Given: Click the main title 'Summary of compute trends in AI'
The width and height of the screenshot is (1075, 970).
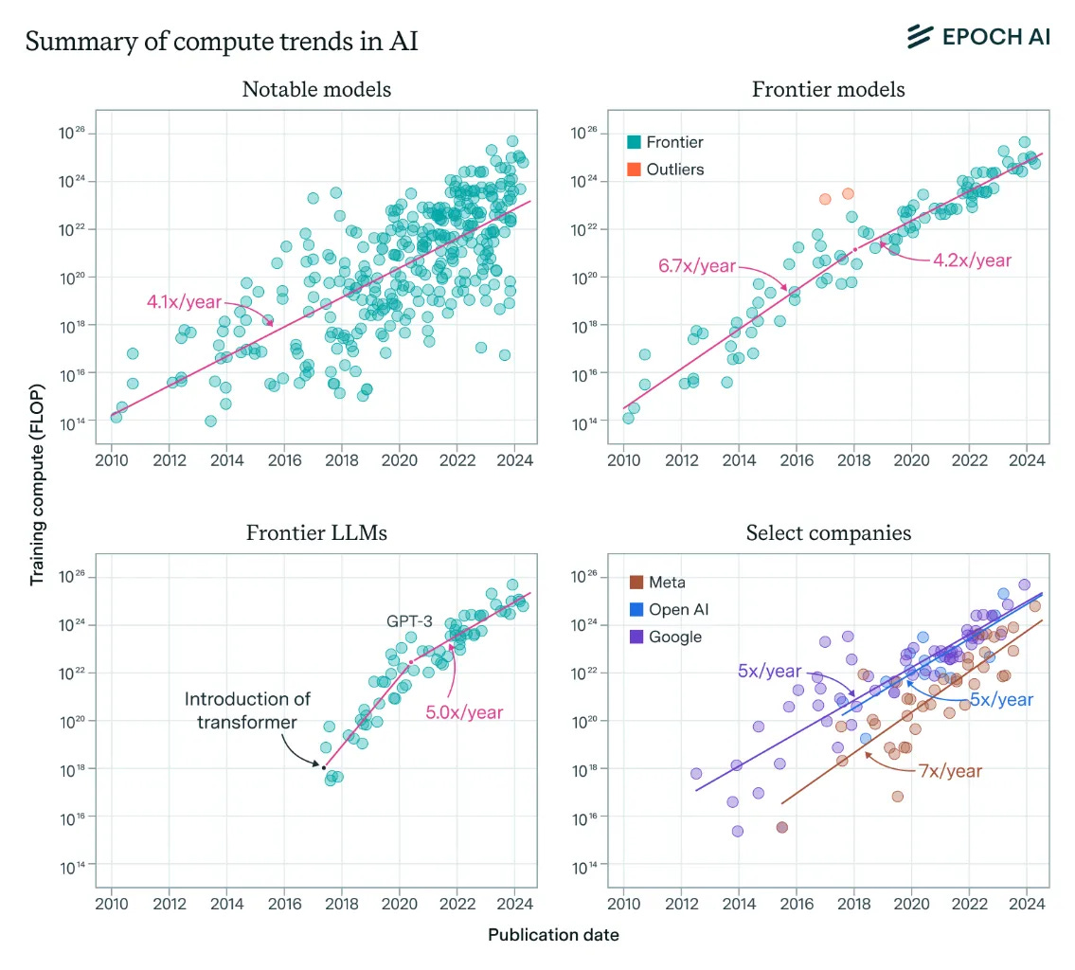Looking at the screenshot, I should click(x=222, y=42).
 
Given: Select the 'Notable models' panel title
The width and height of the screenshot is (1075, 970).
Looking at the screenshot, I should click(x=316, y=90).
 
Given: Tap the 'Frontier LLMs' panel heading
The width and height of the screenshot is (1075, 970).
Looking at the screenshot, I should click(x=316, y=533).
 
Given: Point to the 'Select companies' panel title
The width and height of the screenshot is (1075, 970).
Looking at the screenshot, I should click(x=828, y=533).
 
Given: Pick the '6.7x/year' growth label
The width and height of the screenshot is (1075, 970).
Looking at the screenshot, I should click(x=697, y=265).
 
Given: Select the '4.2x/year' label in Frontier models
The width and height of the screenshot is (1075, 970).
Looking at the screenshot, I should click(x=973, y=260).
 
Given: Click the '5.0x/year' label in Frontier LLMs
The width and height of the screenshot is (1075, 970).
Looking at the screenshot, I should click(x=464, y=711).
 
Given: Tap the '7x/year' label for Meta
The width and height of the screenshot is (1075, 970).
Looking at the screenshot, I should click(x=950, y=771).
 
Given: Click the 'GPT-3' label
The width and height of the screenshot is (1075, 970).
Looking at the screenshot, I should click(x=409, y=621).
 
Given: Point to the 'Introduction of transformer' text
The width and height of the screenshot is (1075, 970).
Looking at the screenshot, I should click(x=246, y=710).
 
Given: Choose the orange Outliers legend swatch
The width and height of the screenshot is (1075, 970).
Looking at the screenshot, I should click(x=635, y=170).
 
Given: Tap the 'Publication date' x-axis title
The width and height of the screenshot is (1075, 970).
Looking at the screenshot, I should click(x=553, y=935).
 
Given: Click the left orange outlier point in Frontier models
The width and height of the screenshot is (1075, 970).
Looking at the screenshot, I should click(x=825, y=199).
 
